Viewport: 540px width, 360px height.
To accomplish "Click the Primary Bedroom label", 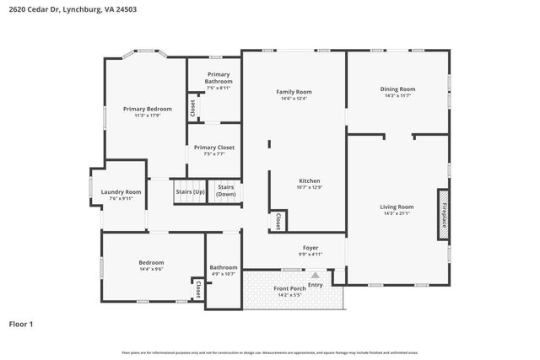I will coord(147,109).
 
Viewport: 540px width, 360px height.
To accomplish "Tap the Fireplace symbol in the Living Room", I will coord(442,209).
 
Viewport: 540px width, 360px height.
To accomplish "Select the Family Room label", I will coord(294,92).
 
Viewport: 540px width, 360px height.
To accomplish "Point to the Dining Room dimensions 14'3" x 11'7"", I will coord(397,95).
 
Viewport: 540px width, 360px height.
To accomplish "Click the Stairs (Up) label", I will coord(190,192).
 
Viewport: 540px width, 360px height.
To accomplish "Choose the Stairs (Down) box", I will coord(225,191).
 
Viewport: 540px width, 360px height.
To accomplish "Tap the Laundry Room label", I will coord(121,192).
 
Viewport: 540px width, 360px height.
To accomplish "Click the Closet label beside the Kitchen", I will coord(278,221).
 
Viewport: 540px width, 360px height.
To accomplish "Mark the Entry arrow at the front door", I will coord(315,275).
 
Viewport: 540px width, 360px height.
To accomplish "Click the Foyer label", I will coord(310,247).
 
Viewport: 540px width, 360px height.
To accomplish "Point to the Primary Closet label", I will coord(214,148).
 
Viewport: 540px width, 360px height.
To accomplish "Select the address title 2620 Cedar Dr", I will coord(72,10).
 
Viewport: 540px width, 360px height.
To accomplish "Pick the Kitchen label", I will coord(310,181).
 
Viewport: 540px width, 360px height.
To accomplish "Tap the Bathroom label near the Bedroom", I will coord(224,267).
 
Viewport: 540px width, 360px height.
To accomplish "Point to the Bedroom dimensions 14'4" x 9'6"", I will coord(151,270).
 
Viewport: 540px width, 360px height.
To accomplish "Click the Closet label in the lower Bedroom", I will coord(197,289).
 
